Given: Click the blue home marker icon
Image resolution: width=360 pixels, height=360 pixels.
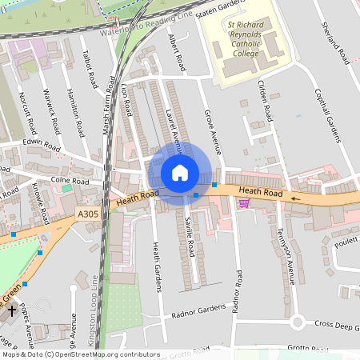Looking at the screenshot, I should (x=180, y=172).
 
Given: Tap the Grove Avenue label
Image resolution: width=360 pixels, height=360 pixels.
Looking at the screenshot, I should (x=213, y=132).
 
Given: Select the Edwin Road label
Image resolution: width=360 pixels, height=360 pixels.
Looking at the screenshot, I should (x=41, y=145).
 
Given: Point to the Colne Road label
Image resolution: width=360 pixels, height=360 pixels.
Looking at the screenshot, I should (x=67, y=181).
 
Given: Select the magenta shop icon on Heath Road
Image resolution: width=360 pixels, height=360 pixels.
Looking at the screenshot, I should (x=244, y=203).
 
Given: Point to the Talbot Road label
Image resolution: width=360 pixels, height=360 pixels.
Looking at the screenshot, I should (x=89, y=70).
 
